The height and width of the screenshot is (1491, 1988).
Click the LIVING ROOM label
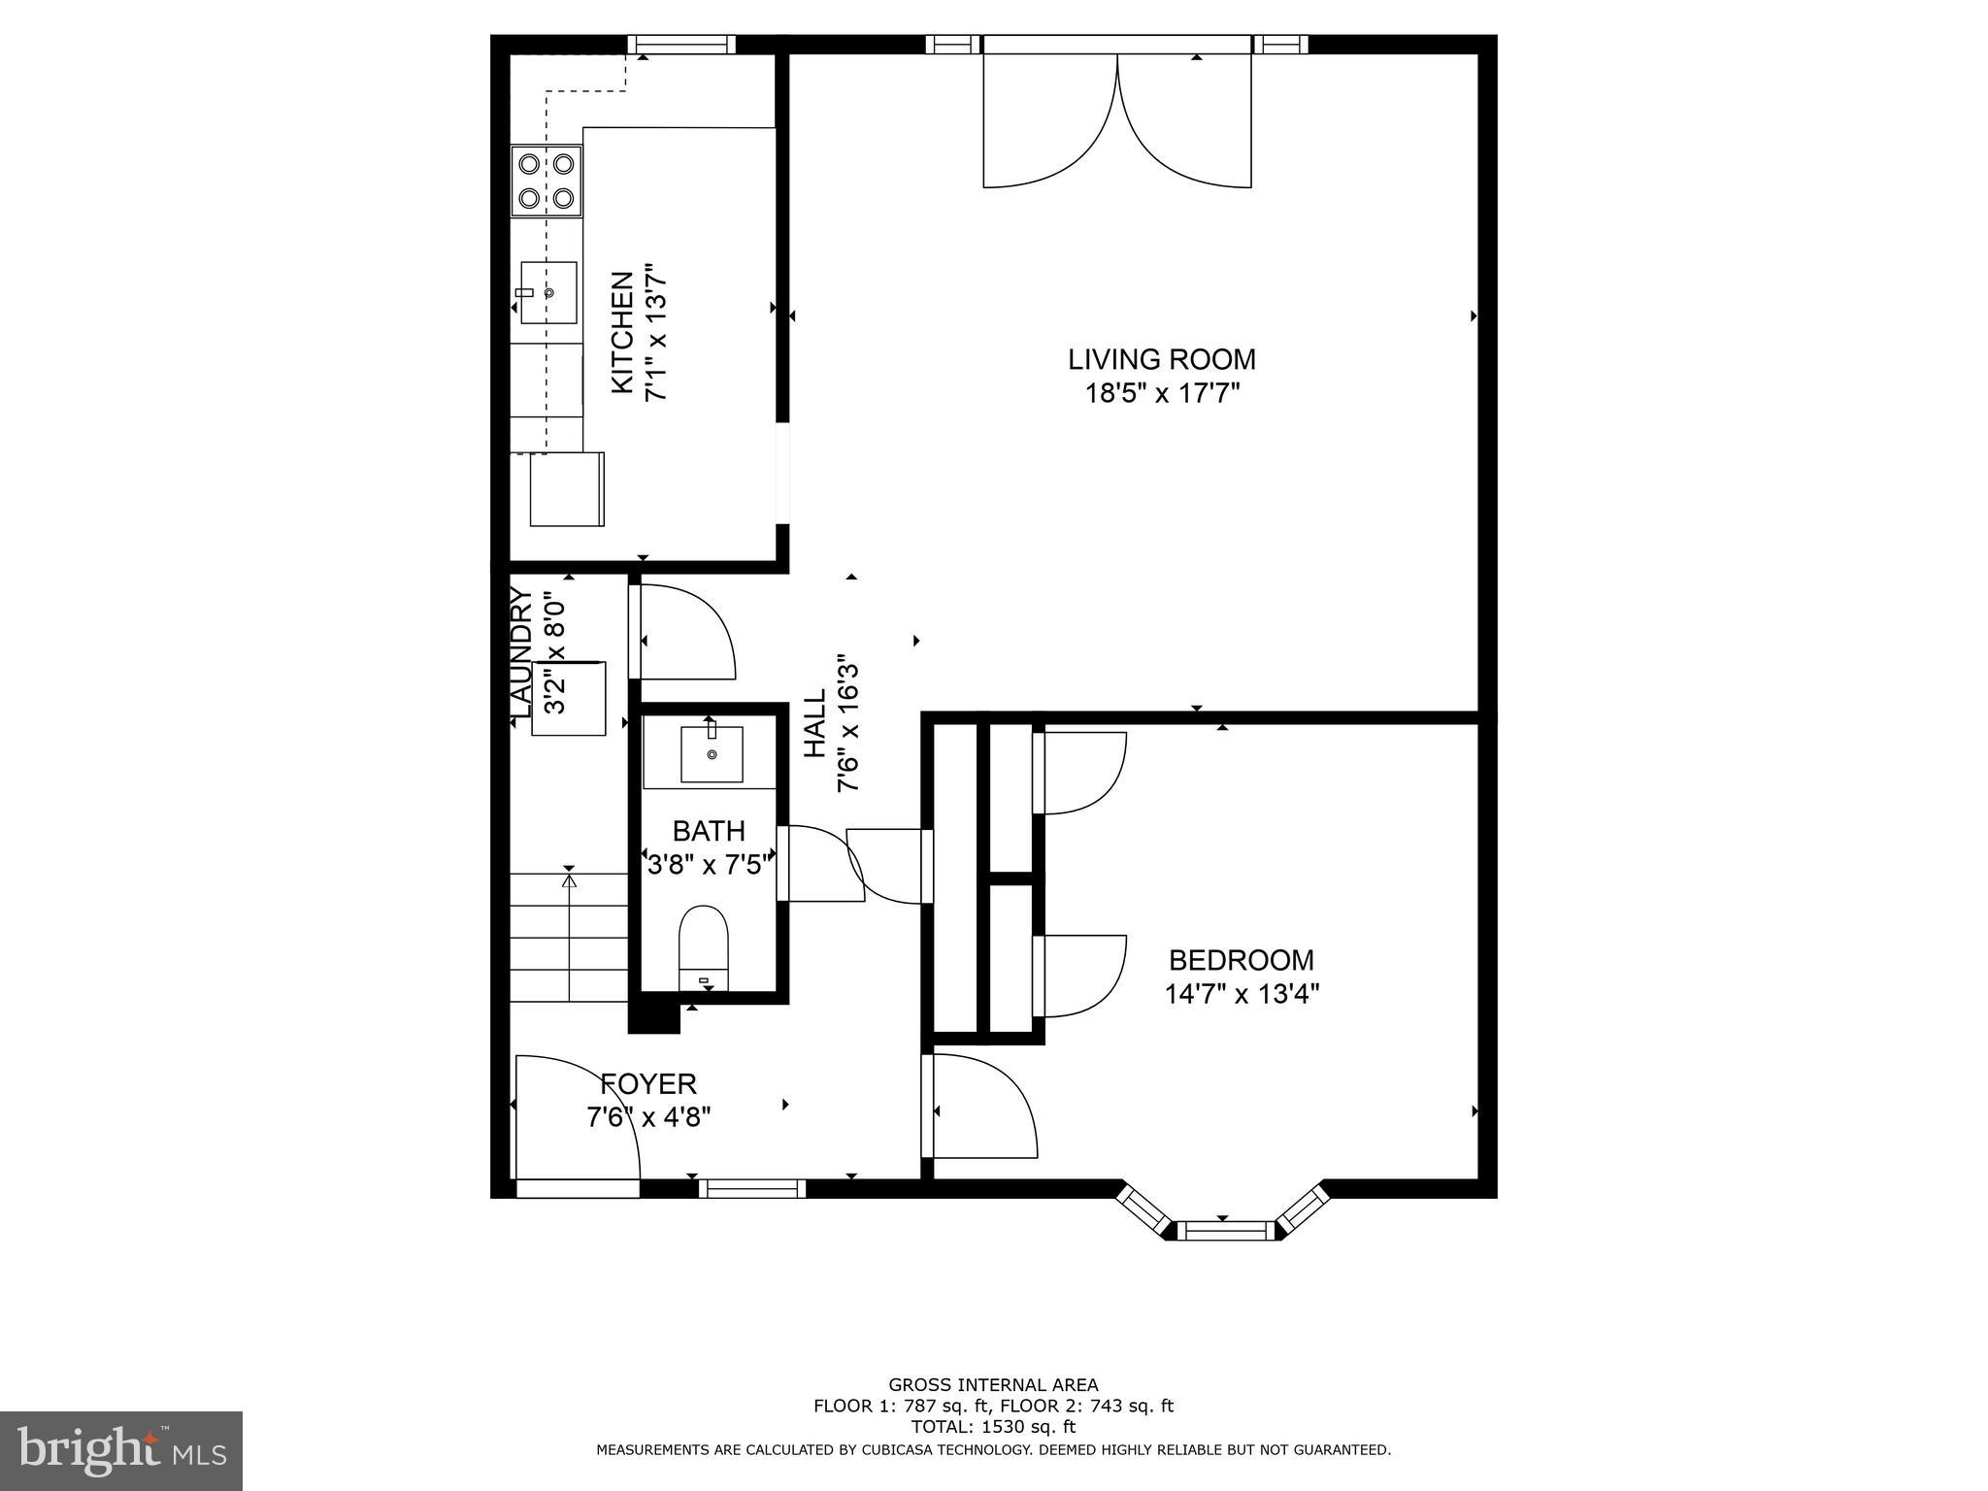click(1161, 359)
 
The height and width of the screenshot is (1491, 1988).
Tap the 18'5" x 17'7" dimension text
click(1163, 393)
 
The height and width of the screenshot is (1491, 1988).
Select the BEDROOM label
click(1241, 960)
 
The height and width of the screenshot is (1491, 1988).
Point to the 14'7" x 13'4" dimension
click(1242, 994)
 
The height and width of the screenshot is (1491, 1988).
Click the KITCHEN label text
click(622, 332)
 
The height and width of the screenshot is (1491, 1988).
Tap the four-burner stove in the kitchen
click(547, 181)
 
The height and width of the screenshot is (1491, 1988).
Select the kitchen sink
click(548, 292)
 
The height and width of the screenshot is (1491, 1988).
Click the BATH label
click(709, 831)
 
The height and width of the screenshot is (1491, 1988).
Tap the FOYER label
click(648, 1083)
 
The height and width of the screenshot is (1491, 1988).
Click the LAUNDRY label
click(521, 655)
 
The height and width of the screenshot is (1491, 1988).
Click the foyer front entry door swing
click(578, 1116)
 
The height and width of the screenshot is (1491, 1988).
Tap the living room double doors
click(1117, 120)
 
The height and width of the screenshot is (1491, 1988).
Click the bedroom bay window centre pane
click(1228, 1231)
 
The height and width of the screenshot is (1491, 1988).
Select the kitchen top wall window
click(681, 44)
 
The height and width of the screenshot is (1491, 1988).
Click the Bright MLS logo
click(121, 1450)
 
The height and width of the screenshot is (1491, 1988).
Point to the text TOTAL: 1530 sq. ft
click(993, 1426)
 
